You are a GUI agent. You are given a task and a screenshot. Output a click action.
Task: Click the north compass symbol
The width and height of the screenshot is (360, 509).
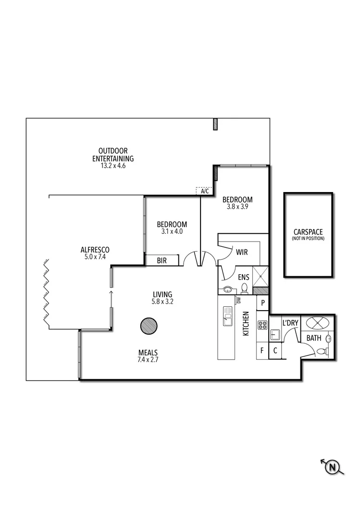point(332,466)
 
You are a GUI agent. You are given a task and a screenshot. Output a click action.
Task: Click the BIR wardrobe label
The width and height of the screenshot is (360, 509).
point(162,261)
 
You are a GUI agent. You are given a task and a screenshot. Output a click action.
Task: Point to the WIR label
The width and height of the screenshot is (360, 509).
point(241,251)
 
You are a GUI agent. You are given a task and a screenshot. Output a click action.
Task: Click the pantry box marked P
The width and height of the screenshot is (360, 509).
point(263,303)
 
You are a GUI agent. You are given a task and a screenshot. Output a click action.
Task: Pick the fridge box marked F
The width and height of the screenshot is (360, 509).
point(262,351)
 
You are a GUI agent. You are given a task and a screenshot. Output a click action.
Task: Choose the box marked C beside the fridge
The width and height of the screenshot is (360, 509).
point(275,351)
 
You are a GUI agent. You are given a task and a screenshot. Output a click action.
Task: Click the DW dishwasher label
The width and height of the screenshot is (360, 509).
point(238,300)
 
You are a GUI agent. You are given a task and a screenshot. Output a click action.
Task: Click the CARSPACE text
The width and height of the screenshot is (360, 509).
point(308,231)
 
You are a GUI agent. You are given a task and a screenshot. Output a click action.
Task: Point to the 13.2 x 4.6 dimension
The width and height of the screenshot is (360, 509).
point(112,166)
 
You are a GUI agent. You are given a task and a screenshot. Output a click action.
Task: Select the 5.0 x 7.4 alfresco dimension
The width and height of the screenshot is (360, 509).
point(95,257)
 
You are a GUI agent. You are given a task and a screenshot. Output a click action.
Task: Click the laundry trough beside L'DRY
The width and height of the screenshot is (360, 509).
point(276,335)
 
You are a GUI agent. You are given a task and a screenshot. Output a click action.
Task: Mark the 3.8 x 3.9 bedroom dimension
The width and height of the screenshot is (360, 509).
point(237,207)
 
